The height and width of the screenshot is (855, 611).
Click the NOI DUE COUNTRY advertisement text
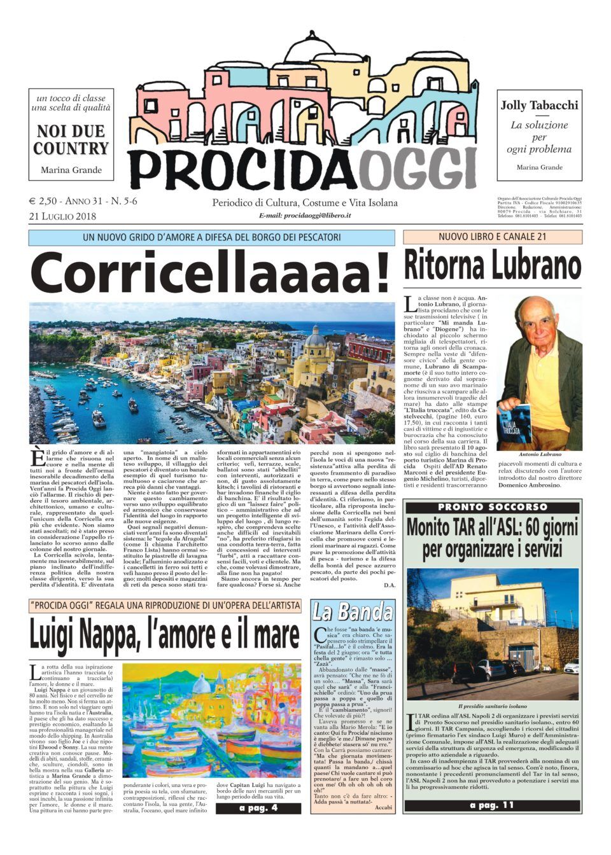[71, 140]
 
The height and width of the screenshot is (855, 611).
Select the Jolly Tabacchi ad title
[539, 106]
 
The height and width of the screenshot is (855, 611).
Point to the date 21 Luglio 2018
[62, 216]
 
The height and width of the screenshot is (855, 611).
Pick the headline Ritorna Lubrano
[492, 266]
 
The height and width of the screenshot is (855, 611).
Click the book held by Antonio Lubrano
[519, 421]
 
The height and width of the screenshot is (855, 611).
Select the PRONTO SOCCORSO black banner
[492, 507]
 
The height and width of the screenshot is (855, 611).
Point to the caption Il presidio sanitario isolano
[492, 706]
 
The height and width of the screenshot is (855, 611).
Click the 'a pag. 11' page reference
[492, 805]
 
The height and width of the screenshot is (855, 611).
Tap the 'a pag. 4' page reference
[258, 808]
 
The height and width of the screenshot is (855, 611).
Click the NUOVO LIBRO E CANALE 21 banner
[492, 237]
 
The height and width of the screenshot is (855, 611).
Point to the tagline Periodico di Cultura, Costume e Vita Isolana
[305, 203]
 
